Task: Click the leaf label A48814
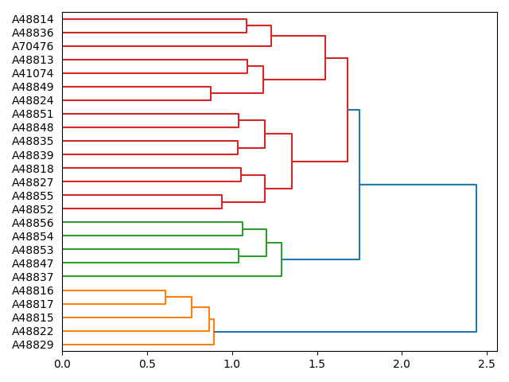(33, 19)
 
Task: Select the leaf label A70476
(33, 46)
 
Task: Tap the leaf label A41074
(33, 73)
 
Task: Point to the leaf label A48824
(33, 100)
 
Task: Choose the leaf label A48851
(33, 114)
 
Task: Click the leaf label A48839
(33, 154)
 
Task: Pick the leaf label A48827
(33, 181)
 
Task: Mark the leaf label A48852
(33, 209)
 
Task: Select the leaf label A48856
(33, 223)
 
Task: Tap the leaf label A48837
(33, 277)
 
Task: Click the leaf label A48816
(33, 290)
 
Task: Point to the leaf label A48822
(33, 331)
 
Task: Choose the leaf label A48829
(33, 345)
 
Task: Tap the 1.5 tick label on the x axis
(317, 364)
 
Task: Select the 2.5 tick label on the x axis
(487, 364)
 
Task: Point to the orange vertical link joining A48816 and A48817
(165, 297)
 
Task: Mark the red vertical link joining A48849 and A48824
(211, 93)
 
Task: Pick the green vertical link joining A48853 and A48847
(239, 256)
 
